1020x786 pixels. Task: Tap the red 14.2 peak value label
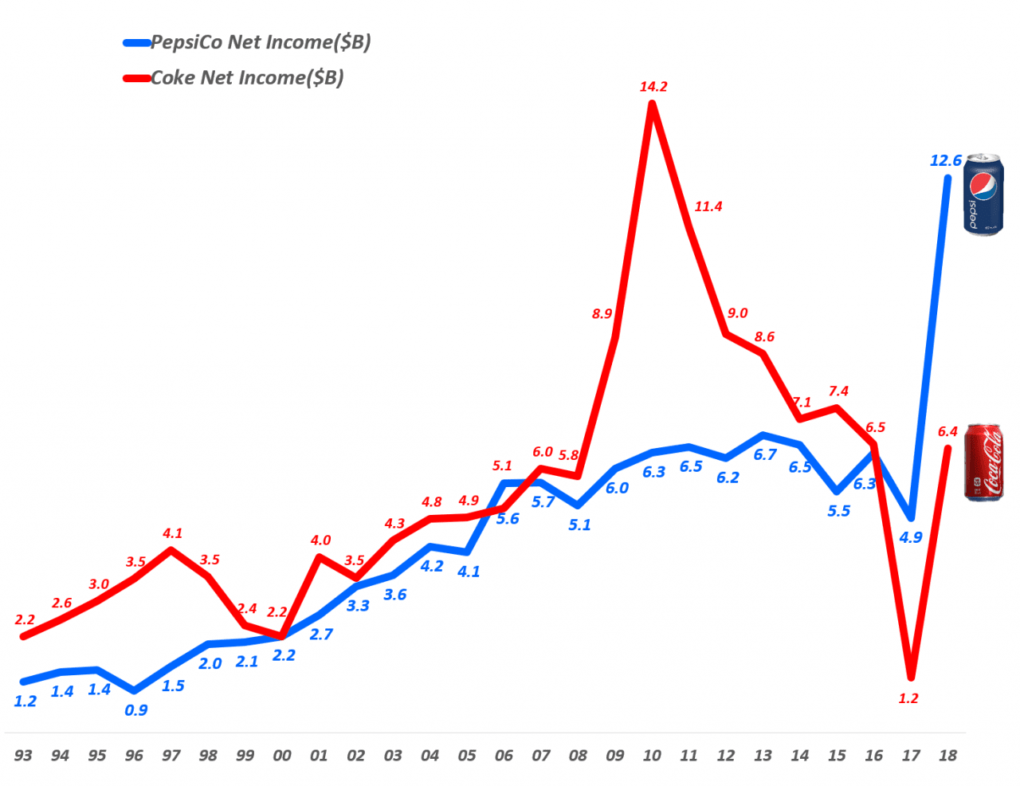653,87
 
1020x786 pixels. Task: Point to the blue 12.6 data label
946,161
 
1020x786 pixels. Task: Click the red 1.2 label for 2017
908,698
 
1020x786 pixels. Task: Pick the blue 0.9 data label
136,710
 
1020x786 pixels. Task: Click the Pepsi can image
983,195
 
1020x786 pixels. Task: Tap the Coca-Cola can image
983,462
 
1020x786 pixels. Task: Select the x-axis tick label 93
23,756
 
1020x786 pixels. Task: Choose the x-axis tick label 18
947,756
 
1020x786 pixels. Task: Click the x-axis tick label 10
652,756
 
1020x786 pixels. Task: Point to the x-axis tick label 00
282,756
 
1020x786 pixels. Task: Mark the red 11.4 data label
708,206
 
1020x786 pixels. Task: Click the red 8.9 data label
602,314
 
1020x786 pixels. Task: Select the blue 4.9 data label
911,538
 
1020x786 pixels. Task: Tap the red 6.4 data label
947,432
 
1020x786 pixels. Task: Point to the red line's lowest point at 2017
911,678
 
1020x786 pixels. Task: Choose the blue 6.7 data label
765,455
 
